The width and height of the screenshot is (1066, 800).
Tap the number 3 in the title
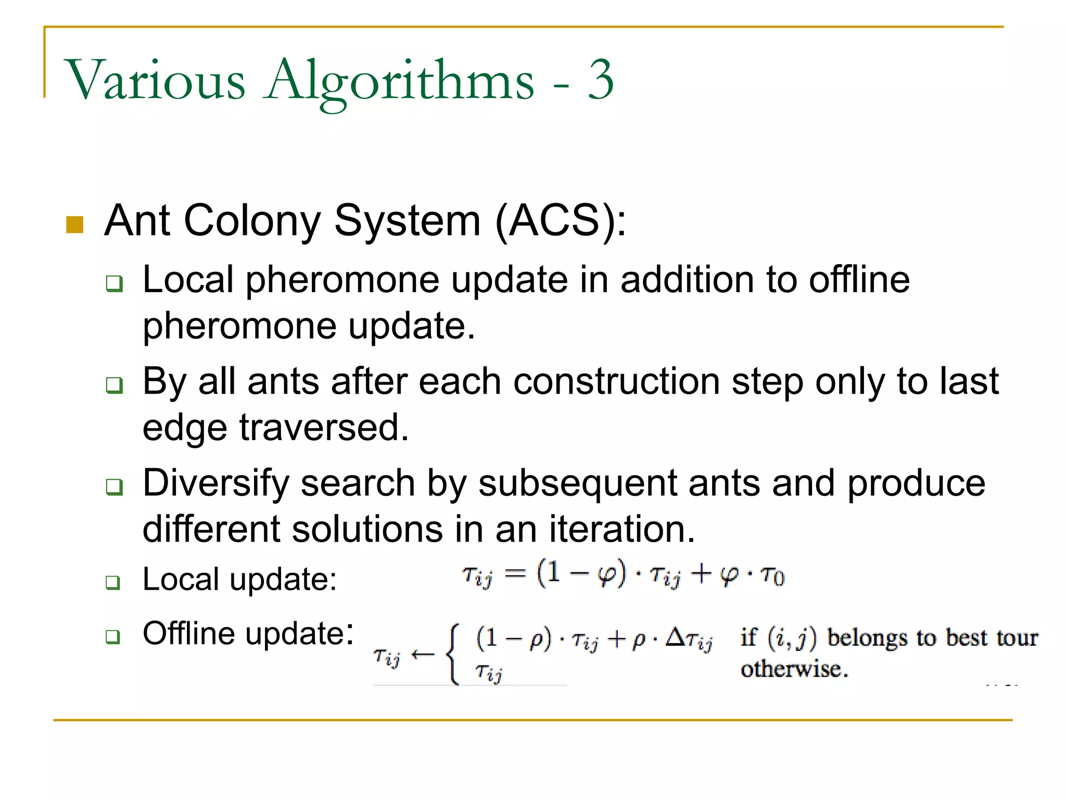(601, 79)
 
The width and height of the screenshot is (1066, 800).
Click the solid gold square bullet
(75, 224)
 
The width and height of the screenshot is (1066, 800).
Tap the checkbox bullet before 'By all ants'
(114, 385)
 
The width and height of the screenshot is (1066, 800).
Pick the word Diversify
(215, 483)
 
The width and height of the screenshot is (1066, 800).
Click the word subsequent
(578, 483)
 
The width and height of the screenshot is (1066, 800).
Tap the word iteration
(622, 529)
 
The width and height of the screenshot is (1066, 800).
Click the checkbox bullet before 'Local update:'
(113, 582)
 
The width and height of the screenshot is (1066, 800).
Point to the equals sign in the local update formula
(515, 573)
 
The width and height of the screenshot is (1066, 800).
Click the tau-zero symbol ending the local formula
(772, 576)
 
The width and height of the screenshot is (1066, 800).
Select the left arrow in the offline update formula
(422, 655)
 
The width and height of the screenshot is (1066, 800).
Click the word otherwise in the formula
(794, 669)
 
